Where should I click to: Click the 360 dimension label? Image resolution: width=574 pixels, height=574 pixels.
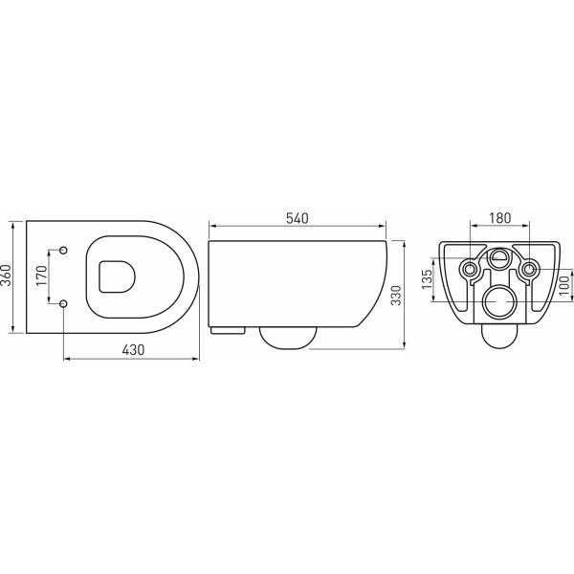(x=9, y=276)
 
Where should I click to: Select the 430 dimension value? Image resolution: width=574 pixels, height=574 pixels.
(x=132, y=350)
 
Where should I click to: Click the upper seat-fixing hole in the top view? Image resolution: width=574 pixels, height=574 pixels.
(x=63, y=251)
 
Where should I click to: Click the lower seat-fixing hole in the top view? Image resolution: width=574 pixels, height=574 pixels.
(x=63, y=303)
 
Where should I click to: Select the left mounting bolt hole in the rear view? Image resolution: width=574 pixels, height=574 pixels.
(x=469, y=270)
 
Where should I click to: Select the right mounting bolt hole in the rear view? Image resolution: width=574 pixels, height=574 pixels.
(x=527, y=270)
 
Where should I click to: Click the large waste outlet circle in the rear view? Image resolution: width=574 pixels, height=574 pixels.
(x=498, y=301)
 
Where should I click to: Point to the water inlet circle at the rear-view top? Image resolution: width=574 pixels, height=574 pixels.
(x=498, y=257)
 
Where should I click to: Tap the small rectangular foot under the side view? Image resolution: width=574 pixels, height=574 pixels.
(x=227, y=331)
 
